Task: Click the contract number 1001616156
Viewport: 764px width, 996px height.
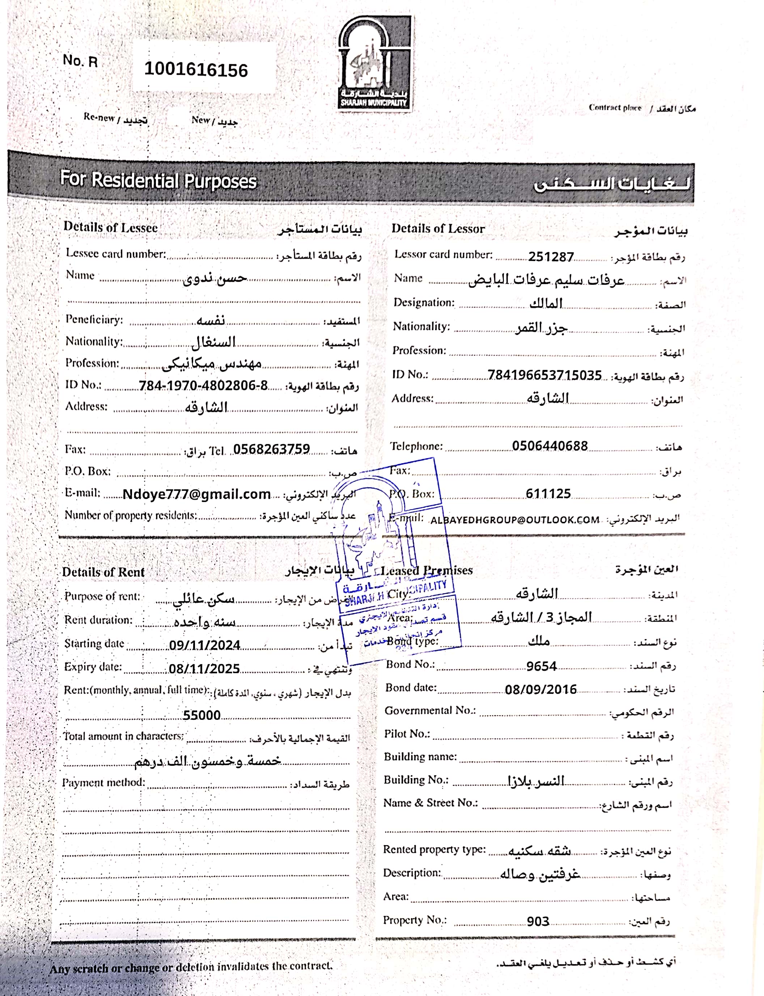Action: (196, 69)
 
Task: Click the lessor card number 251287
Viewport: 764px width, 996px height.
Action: (551, 257)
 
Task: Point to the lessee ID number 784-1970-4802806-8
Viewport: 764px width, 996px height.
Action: (203, 385)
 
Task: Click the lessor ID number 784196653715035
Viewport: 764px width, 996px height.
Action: (544, 375)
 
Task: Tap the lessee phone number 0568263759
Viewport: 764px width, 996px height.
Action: (272, 449)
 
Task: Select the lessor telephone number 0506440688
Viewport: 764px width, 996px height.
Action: (550, 446)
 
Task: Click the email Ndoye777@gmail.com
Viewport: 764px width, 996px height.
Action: (196, 494)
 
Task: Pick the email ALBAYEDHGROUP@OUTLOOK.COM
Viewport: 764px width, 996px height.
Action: (515, 520)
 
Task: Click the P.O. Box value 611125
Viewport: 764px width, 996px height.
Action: (548, 494)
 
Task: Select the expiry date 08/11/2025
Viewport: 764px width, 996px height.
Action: (204, 668)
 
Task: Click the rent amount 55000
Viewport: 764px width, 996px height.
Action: (201, 715)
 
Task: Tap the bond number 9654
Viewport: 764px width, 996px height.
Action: (541, 666)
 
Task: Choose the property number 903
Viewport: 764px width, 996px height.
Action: (538, 921)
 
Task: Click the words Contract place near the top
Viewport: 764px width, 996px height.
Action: (615, 108)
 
